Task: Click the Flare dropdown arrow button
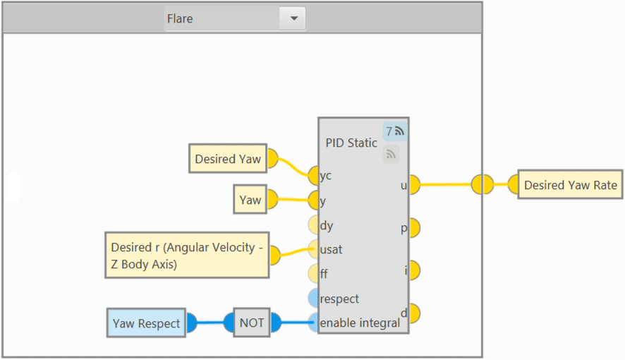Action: [x=293, y=19]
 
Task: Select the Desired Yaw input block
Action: [x=227, y=159]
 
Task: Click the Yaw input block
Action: [x=250, y=200]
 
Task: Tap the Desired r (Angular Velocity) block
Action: [x=187, y=255]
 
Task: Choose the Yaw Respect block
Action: [x=146, y=324]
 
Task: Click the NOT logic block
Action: [x=251, y=323]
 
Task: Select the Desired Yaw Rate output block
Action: [x=570, y=185]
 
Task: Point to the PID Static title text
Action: [x=351, y=143]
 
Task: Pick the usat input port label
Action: [x=331, y=250]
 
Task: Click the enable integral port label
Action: [x=360, y=323]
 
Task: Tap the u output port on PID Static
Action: [x=413, y=185]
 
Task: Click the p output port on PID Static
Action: [x=413, y=228]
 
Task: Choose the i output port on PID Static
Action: [x=413, y=270]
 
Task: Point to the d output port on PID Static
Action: [x=413, y=313]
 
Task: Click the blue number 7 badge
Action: [x=395, y=131]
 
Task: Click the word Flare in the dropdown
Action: [x=180, y=19]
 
